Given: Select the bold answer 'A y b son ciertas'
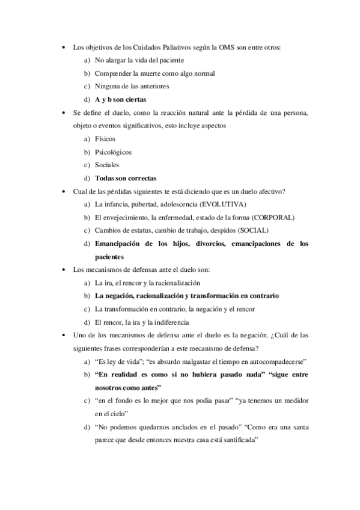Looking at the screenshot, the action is point(121,99).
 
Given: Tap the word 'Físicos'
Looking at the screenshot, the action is point(105,138).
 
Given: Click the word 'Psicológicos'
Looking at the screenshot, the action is point(114,152).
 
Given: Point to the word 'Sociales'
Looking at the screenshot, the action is point(107,165).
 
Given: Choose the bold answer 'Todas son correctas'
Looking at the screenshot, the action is point(126,178).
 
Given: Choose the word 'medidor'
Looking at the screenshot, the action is point(296,401).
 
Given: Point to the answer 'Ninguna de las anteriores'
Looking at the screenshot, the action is point(132,86).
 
